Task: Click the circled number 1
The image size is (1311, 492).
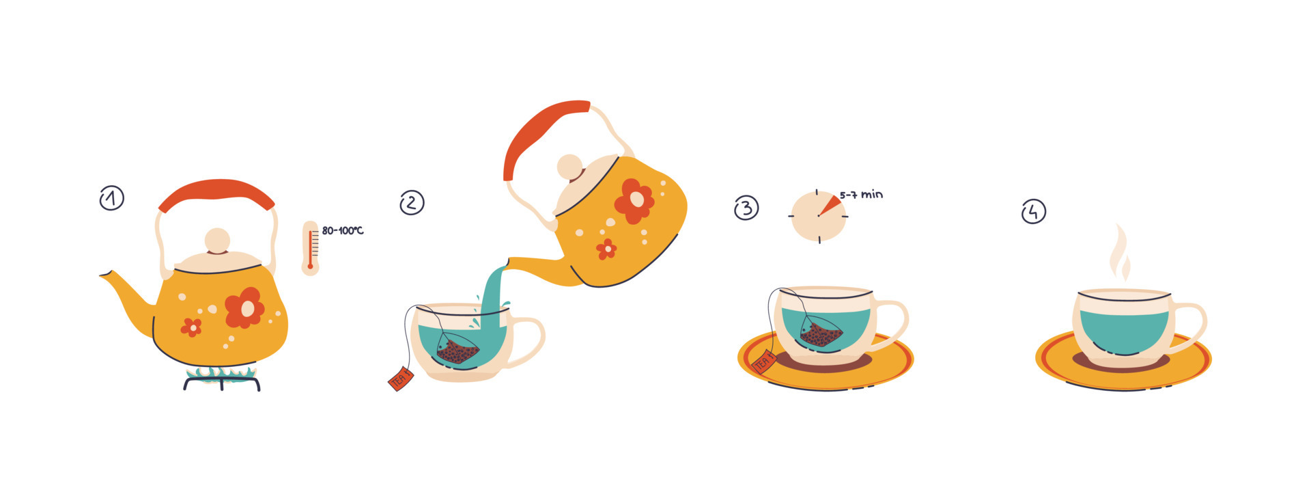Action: click(111, 198)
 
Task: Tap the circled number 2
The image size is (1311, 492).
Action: click(412, 202)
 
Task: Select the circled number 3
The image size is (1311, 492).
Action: click(746, 207)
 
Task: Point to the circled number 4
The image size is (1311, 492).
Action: click(1033, 211)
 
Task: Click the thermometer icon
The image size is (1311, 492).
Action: click(311, 248)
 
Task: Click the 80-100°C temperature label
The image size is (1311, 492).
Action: click(343, 231)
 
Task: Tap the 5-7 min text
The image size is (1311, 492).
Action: click(862, 195)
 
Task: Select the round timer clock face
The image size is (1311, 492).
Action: click(818, 216)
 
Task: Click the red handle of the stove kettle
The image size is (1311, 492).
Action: click(216, 191)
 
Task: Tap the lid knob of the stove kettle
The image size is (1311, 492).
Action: click(217, 241)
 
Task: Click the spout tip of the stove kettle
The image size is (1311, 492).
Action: click(104, 275)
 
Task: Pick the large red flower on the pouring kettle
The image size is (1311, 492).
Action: click(634, 201)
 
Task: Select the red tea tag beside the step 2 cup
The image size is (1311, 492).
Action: click(401, 378)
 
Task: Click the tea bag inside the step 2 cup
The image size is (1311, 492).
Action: click(458, 349)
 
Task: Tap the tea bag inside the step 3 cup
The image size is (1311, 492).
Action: click(821, 333)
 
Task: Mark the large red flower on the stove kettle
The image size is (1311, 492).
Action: click(244, 308)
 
